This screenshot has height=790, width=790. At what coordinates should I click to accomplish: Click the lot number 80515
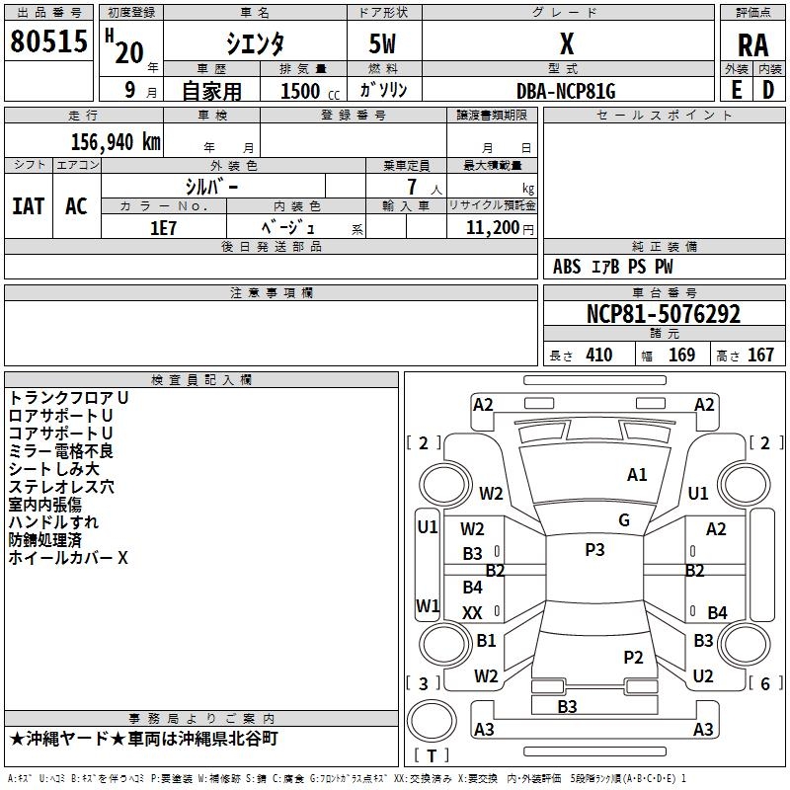point(48,40)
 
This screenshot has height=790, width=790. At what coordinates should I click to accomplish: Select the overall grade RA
point(753,45)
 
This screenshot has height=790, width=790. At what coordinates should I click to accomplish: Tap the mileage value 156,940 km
point(116,141)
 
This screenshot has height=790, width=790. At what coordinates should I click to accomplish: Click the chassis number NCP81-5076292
point(664,314)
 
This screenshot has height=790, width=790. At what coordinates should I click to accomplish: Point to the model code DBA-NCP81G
point(566,91)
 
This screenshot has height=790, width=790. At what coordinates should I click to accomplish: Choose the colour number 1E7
point(163,228)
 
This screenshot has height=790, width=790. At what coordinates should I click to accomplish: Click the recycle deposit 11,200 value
point(493,228)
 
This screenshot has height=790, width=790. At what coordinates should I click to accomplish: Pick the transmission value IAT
point(29,206)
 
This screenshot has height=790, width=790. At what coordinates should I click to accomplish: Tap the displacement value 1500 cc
point(310,91)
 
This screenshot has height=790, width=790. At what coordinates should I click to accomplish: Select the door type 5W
point(382,43)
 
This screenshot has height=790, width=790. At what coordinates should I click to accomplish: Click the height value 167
point(760,355)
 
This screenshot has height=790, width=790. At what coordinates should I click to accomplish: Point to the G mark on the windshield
point(624,519)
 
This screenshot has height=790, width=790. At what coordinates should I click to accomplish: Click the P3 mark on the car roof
point(594,549)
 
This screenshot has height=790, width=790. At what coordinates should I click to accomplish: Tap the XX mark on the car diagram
point(472,612)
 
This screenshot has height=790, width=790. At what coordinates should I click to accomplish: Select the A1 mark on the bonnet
point(637,474)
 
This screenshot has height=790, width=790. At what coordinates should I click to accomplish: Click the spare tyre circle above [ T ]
point(432,721)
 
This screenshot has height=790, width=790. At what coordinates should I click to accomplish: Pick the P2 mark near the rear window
point(633,657)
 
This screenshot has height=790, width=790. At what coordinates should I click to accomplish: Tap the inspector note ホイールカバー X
point(68,558)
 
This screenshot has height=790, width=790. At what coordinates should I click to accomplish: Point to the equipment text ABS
point(567,267)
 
